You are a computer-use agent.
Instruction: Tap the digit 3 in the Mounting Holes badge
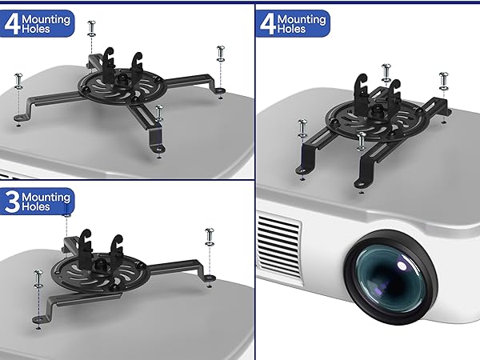pyautogui.click(x=13, y=202)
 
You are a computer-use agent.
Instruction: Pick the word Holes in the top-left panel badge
pyautogui.click(x=38, y=30)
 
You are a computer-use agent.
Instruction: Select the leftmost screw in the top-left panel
pyautogui.click(x=18, y=80)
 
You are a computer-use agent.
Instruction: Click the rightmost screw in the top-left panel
pyautogui.click(x=219, y=54)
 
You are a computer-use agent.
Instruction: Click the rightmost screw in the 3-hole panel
pyautogui.click(x=210, y=236)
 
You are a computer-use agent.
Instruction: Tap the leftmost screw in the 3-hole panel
pyautogui.click(x=37, y=280)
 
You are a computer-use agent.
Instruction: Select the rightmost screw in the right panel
pyautogui.click(x=443, y=80)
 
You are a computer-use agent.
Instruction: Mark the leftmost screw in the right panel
pyautogui.click(x=302, y=126)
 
